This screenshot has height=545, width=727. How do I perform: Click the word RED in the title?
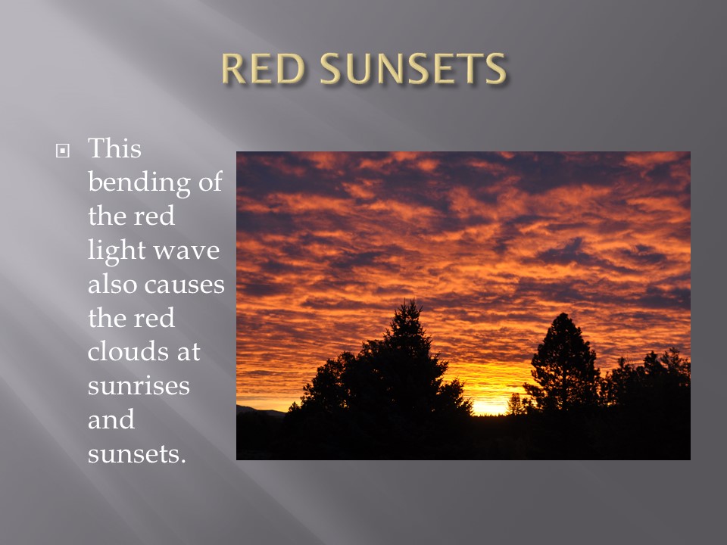click(x=263, y=69)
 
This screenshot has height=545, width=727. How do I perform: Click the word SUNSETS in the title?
click(x=413, y=69)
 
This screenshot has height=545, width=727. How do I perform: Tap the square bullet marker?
click(x=63, y=151)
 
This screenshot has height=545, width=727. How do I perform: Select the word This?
click(x=114, y=148)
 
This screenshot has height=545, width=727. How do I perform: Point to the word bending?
click(x=139, y=182)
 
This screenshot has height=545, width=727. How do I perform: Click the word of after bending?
click(x=211, y=182)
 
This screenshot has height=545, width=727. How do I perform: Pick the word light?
click(x=117, y=251)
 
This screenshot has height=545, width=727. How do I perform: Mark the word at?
click(x=189, y=353)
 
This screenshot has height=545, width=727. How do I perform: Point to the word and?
click(x=111, y=419)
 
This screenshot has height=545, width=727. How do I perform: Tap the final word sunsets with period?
click(x=137, y=454)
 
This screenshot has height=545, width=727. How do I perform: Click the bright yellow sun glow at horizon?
click(x=490, y=407)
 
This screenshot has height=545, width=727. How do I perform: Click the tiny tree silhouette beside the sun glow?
click(x=516, y=404)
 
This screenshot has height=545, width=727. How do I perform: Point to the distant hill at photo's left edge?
click(x=260, y=411)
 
